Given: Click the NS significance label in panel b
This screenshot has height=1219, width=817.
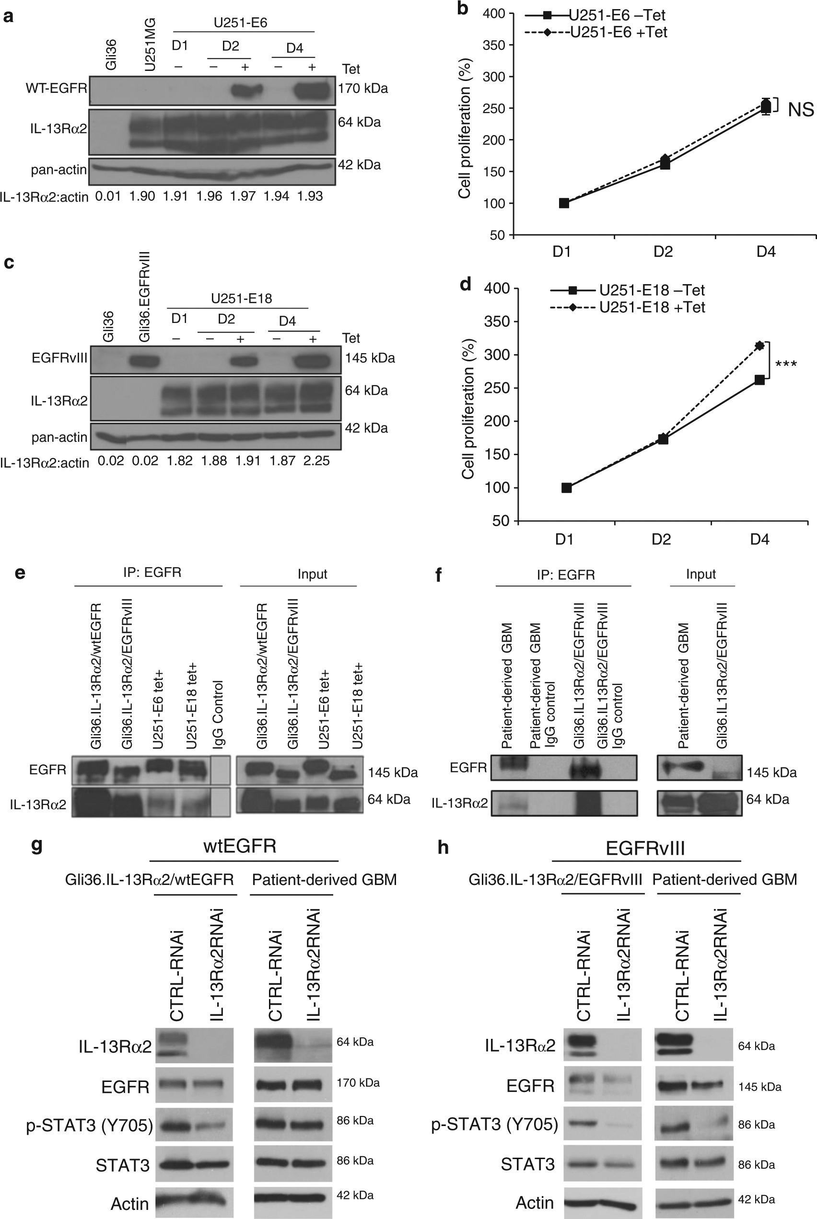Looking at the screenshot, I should click(800, 110).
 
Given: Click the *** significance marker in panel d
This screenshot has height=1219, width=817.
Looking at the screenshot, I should click(786, 364).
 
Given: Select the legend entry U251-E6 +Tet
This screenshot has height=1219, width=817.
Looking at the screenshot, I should click(618, 32).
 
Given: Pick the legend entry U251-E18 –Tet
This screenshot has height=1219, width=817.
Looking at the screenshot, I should click(651, 290).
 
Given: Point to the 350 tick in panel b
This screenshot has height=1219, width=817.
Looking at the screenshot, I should click(493, 46).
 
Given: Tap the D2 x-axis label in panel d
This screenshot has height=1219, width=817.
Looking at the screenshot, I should click(661, 539).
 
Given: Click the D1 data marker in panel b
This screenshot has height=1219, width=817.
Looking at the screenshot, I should click(564, 203).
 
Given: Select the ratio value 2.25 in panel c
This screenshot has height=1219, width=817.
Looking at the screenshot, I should click(316, 461).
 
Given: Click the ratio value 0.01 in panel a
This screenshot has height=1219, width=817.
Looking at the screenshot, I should click(108, 196).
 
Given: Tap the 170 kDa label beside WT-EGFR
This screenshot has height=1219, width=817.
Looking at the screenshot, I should click(362, 89).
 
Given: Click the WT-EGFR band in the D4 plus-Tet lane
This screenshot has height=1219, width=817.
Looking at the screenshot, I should click(312, 92).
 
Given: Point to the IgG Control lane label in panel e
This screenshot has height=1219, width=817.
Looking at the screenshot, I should click(218, 714).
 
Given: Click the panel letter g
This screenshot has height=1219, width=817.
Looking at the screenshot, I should click(36, 845).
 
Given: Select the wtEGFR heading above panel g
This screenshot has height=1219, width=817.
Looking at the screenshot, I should click(240, 846).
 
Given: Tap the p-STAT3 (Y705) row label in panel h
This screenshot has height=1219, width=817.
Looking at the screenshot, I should click(494, 1124).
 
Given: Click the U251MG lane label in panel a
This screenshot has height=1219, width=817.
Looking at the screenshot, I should click(150, 44).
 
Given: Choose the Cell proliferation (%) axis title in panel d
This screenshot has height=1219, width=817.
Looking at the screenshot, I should click(467, 409).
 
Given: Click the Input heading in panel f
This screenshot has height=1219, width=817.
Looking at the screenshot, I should click(700, 575).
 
